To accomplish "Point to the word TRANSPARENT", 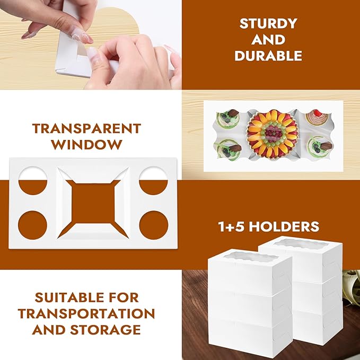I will pos(86,128).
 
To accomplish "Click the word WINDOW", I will pos(86,144).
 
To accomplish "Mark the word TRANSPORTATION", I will pos(86,313).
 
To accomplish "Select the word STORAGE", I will pos(109,329).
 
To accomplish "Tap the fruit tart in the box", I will pos(271,134).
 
